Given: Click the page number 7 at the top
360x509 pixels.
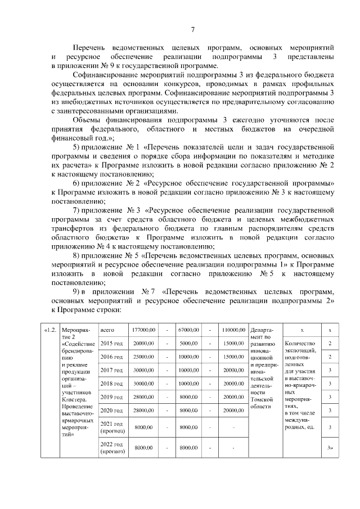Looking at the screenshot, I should click(x=192, y=29).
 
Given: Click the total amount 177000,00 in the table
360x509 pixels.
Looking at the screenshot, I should click(x=143, y=329).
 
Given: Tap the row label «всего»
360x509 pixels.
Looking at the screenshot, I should click(x=107, y=329).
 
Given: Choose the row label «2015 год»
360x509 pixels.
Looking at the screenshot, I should click(x=110, y=343).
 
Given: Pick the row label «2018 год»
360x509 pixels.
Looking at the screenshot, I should click(x=110, y=384).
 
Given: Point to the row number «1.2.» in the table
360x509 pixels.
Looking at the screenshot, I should click(x=51, y=329).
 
